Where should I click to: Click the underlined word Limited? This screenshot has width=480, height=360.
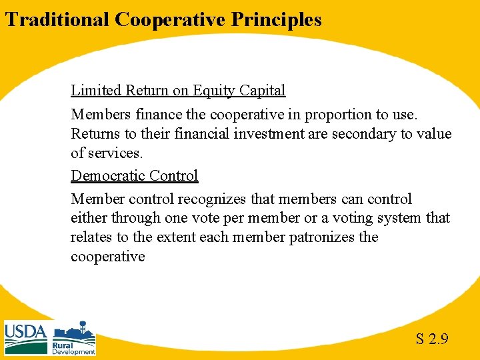click(95, 90)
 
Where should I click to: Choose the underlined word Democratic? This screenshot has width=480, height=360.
click(107, 176)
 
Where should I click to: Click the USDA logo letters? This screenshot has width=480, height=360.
click(25, 331)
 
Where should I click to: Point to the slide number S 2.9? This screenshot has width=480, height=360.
click(431, 339)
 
